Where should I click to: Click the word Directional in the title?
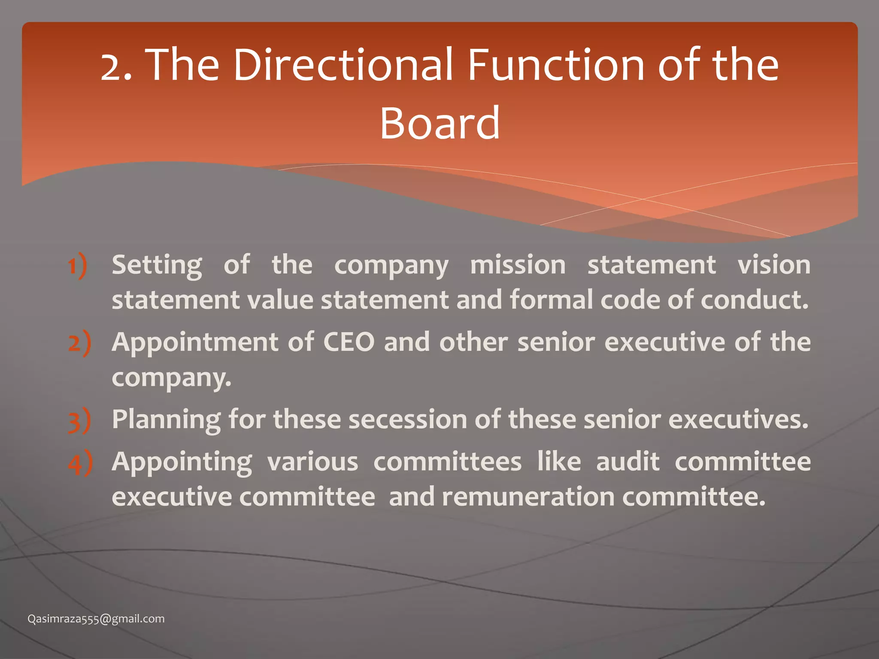[343, 65]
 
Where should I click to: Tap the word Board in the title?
[440, 124]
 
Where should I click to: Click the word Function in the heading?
[556, 65]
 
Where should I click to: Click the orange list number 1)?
[78, 266]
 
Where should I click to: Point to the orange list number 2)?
[80, 343]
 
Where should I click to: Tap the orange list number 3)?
[80, 420]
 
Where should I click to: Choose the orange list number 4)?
[80, 463]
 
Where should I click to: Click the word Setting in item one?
[157, 265]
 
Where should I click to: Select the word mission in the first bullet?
[518, 265]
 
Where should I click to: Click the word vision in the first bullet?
[774, 265]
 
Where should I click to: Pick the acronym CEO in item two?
[349, 342]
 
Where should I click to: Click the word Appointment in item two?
[195, 342]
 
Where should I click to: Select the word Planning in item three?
[167, 419]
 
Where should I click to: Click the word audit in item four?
[627, 462]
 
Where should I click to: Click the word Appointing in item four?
[182, 462]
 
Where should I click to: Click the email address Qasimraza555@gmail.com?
[96, 619]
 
